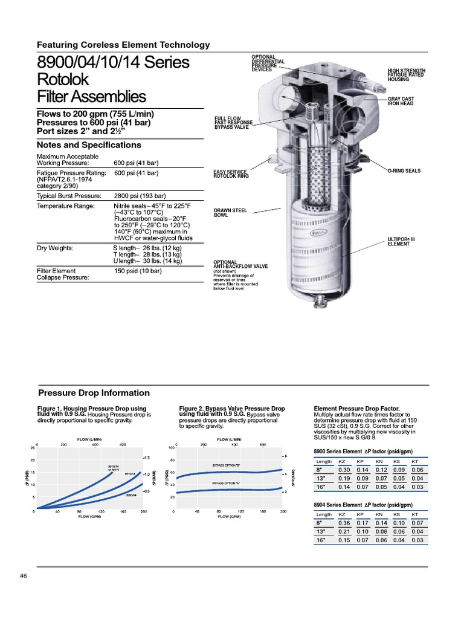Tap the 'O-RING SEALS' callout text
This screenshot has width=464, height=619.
[x=404, y=171]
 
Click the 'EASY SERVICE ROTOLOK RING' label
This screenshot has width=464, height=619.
[x=231, y=173]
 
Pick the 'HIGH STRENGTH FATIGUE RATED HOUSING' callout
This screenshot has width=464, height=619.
[x=406, y=74]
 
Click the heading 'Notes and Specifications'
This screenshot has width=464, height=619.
[x=89, y=145]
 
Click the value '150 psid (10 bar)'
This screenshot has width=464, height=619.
[x=138, y=271]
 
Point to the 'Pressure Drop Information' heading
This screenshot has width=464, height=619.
[x=94, y=393]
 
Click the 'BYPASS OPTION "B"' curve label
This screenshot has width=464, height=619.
[x=226, y=465]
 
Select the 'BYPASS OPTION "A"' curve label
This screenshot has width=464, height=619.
[x=225, y=484]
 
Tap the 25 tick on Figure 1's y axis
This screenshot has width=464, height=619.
[x=32, y=448]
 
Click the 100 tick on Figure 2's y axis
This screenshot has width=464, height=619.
[x=171, y=448]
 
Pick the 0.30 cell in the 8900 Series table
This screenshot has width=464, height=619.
[x=344, y=470]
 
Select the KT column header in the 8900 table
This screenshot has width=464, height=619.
[x=414, y=461]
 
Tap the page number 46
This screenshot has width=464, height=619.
[x=24, y=575]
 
